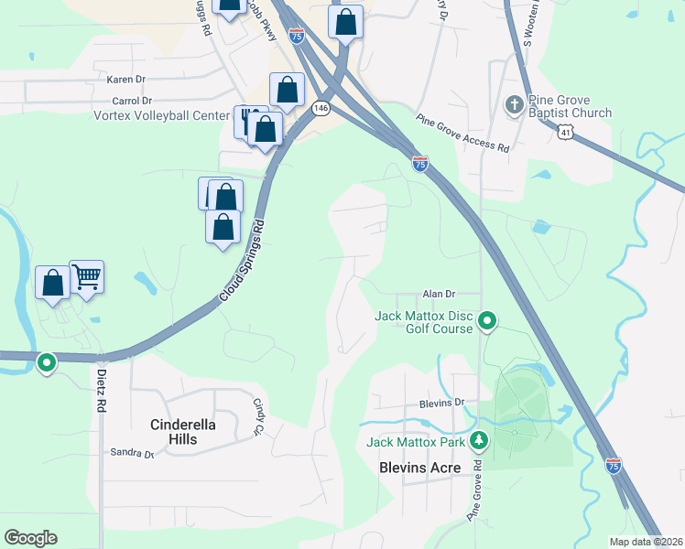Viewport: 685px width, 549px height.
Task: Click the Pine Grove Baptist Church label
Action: (x=572, y=106)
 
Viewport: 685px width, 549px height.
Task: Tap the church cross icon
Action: (x=515, y=105)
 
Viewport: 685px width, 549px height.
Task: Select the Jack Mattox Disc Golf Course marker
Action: (x=488, y=321)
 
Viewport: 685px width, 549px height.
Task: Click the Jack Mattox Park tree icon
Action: (x=477, y=442)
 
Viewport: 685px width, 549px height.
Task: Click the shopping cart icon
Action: (x=86, y=275)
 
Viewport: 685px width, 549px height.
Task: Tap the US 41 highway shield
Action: (x=568, y=133)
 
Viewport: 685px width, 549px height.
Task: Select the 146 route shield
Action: (x=320, y=108)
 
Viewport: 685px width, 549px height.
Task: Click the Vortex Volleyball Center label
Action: (x=161, y=115)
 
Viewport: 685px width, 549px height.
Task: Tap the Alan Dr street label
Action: (x=439, y=294)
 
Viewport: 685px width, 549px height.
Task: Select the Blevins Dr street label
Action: (x=442, y=402)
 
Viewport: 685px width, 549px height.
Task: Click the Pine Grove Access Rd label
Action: (x=462, y=133)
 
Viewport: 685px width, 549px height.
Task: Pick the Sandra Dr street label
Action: (x=132, y=453)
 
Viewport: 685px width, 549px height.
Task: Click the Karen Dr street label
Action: (x=127, y=80)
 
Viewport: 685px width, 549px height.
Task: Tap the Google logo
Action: (x=30, y=538)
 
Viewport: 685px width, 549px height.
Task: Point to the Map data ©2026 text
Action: (x=645, y=541)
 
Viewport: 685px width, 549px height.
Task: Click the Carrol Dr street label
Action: (x=131, y=100)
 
